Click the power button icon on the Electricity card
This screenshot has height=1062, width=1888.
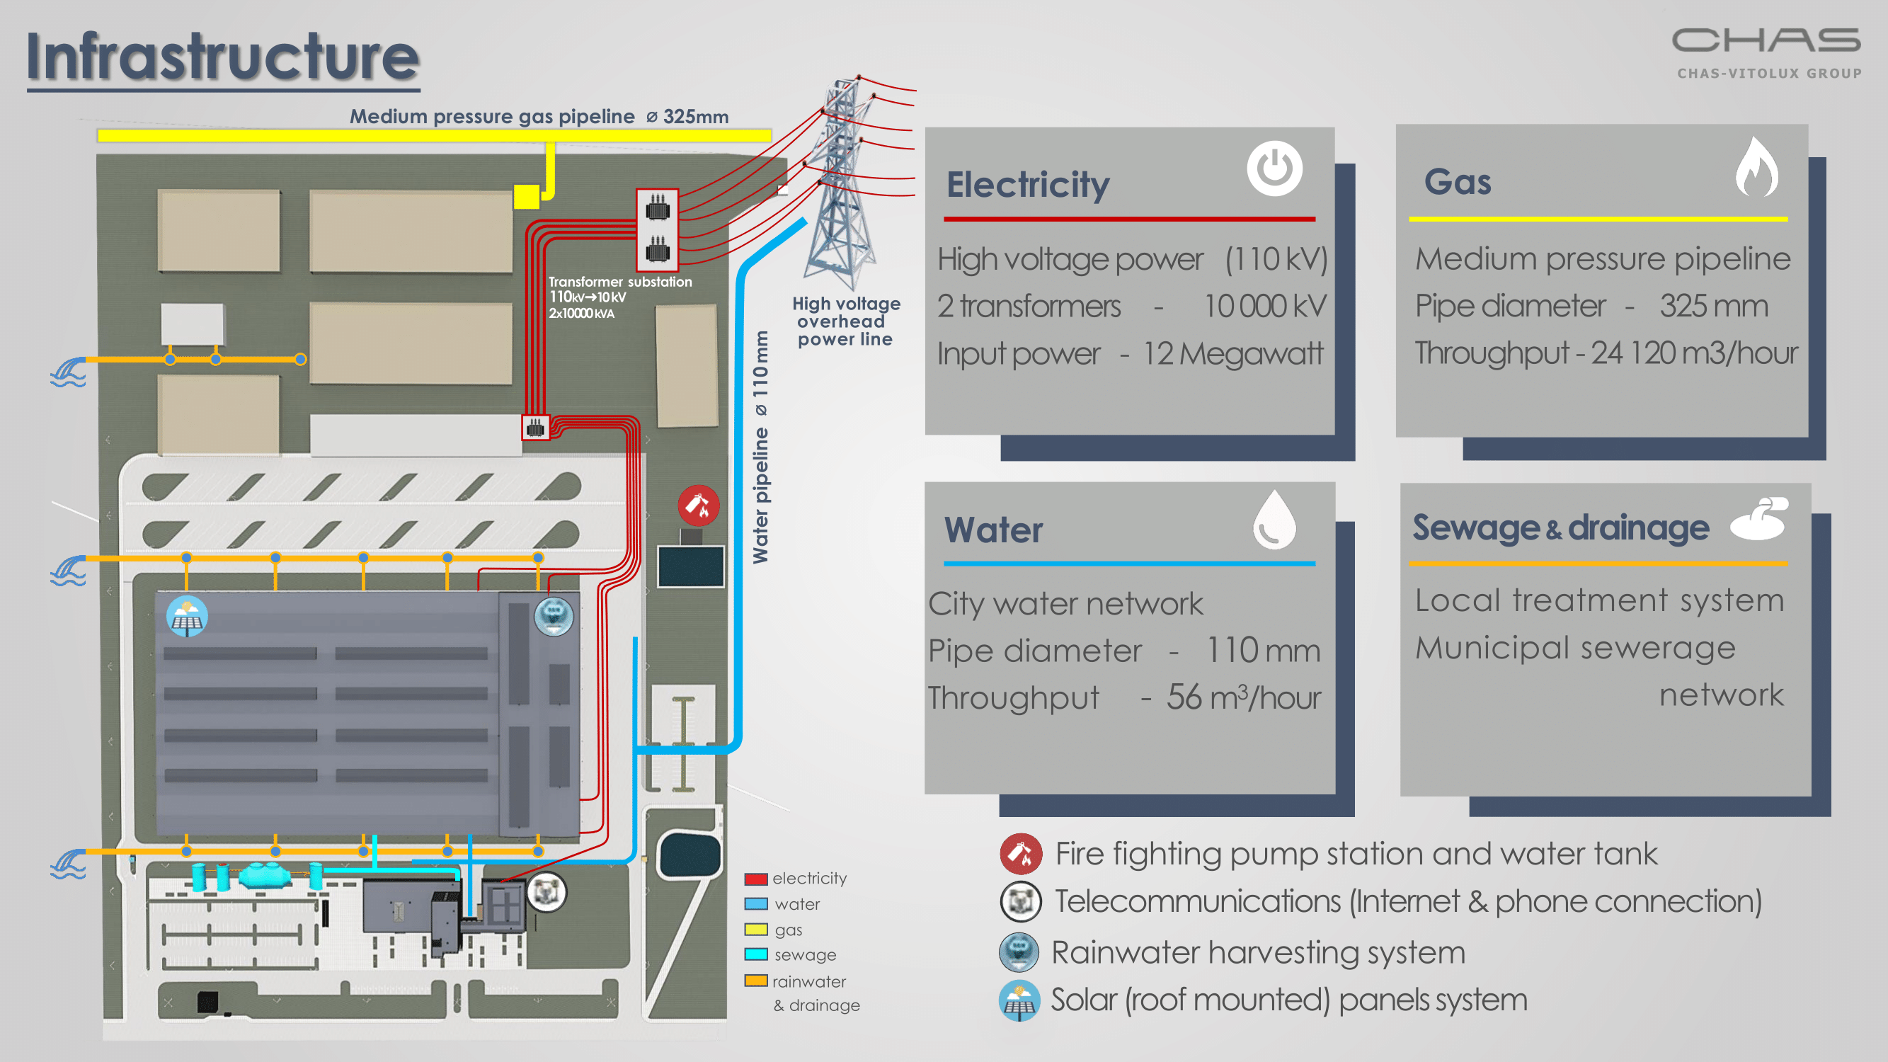point(1274,169)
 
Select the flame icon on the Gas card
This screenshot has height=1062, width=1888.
point(1757,168)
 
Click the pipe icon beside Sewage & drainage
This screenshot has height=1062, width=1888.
point(1759,519)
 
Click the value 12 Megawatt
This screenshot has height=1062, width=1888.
point(1233,354)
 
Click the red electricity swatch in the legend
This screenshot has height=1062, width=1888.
point(755,879)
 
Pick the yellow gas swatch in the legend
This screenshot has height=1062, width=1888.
point(755,930)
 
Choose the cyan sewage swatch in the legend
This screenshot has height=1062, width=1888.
point(755,954)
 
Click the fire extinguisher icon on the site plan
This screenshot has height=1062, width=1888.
point(698,505)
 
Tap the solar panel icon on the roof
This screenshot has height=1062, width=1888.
point(187,617)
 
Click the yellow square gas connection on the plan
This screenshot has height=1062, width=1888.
point(526,196)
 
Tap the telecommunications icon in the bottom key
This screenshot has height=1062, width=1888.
point(1020,901)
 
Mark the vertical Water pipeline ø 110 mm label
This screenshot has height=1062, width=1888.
point(761,447)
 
